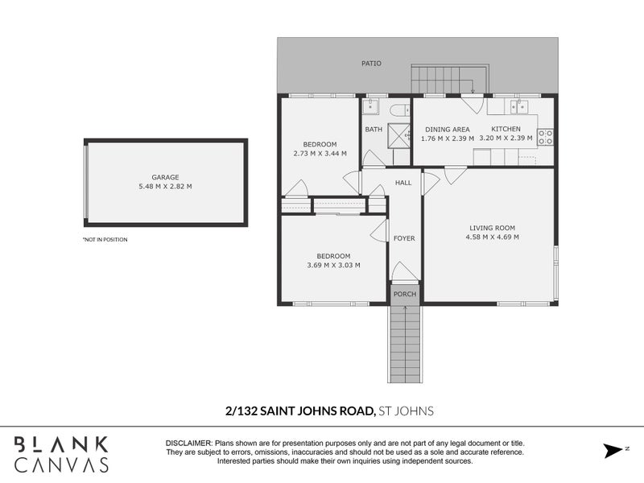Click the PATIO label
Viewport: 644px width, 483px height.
(x=371, y=63)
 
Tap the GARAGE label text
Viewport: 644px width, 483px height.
(x=165, y=177)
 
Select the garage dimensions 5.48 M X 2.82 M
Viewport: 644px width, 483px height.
(x=165, y=187)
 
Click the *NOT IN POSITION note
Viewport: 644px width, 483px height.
(x=105, y=240)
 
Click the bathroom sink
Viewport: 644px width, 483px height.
(x=372, y=106)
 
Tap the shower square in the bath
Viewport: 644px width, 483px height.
(x=398, y=134)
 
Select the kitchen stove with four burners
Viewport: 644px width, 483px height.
(x=546, y=137)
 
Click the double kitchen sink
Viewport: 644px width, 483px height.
(x=517, y=105)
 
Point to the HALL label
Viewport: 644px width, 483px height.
(x=403, y=183)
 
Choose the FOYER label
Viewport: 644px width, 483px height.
(x=403, y=238)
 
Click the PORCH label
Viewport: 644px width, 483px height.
(x=405, y=294)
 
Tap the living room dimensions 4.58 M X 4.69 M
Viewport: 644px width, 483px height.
(x=492, y=237)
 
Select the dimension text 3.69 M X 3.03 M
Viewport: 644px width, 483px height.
(x=333, y=265)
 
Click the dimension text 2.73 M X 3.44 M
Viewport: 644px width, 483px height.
(x=320, y=153)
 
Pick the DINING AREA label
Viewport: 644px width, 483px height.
(x=447, y=129)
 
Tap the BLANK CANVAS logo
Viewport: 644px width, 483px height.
(x=61, y=454)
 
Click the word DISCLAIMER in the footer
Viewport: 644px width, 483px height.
(x=188, y=444)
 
